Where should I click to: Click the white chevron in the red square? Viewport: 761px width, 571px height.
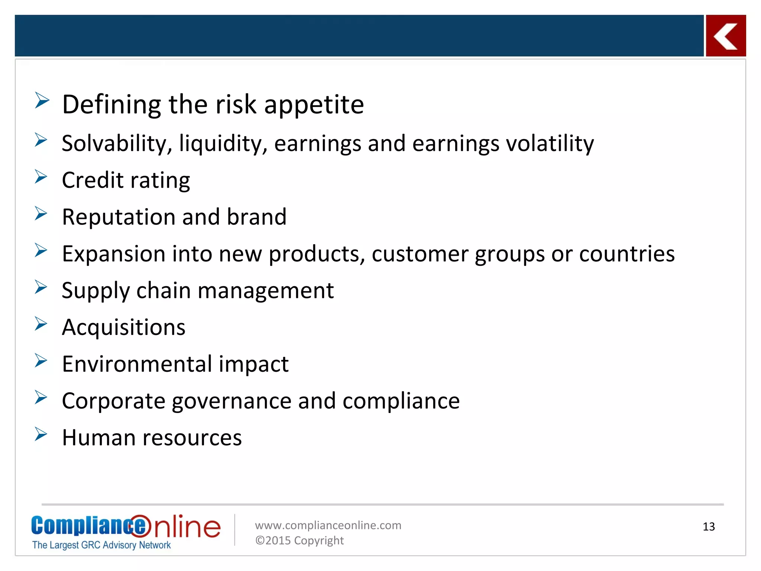pyautogui.click(x=725, y=36)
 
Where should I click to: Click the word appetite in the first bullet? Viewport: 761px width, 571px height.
pyautogui.click(x=314, y=105)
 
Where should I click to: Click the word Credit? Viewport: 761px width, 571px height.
pyautogui.click(x=93, y=180)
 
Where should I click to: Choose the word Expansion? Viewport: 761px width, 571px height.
pyautogui.click(x=113, y=254)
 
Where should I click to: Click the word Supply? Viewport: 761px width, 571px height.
pyautogui.click(x=95, y=291)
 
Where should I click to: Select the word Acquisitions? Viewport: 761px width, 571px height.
pyautogui.click(x=123, y=328)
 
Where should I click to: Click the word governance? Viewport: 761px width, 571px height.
pyautogui.click(x=231, y=401)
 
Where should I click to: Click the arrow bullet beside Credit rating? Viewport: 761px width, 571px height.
pyautogui.click(x=41, y=177)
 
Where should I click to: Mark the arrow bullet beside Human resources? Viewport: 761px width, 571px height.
pyautogui.click(x=41, y=434)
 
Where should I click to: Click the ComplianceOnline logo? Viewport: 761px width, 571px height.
pyautogui.click(x=126, y=531)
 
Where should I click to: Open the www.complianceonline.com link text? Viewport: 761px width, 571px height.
pyautogui.click(x=328, y=525)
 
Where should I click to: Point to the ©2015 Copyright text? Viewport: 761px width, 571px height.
pyautogui.click(x=299, y=540)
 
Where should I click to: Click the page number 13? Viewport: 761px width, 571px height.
pyautogui.click(x=709, y=526)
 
